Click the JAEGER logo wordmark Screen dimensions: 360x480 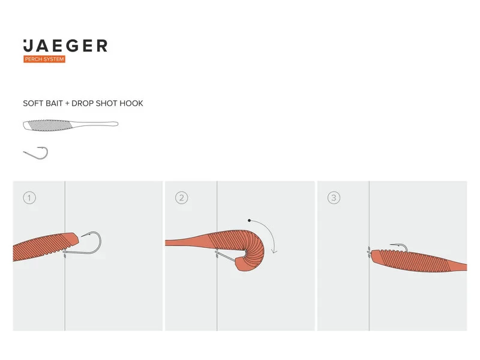click(65, 46)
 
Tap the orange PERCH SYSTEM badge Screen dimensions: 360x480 click(44, 59)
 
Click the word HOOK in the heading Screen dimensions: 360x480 click(131, 103)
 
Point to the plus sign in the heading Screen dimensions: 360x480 click(67, 103)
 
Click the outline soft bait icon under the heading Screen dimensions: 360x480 click(70, 125)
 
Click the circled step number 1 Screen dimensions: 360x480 click(29, 197)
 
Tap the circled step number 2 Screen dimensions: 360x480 click(181, 197)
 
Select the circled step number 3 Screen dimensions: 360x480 click(334, 197)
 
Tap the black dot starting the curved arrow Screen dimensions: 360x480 click(247, 220)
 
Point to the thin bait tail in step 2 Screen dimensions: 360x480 click(183, 242)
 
